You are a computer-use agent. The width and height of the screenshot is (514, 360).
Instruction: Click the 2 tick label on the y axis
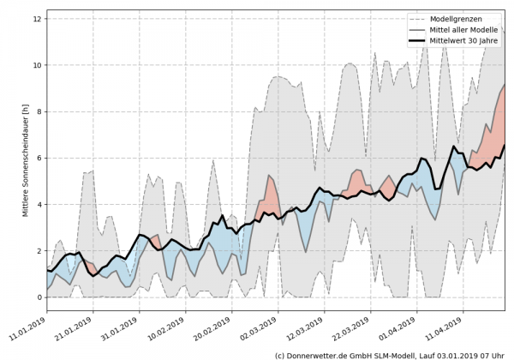point(39,251)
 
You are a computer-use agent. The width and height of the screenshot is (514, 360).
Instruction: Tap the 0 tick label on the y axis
point(39,297)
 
